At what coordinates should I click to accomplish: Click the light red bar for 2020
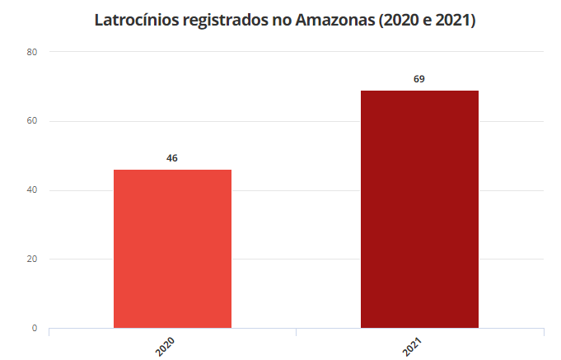click(x=172, y=249)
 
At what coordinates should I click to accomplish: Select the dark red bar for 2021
click(x=419, y=209)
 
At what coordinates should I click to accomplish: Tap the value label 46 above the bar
click(x=172, y=157)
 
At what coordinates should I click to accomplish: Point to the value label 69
click(x=419, y=79)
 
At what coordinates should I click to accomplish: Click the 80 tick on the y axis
click(x=32, y=52)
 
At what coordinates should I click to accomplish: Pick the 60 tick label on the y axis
click(x=32, y=121)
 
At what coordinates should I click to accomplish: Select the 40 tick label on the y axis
click(x=32, y=190)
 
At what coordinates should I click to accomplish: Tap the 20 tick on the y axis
click(x=32, y=259)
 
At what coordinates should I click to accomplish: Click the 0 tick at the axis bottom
click(x=35, y=328)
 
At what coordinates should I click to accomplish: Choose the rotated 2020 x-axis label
click(x=165, y=345)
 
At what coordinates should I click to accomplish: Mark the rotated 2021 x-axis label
click(x=412, y=345)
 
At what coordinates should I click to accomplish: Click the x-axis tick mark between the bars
click(x=296, y=331)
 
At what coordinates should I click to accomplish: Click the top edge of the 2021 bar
click(x=419, y=91)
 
